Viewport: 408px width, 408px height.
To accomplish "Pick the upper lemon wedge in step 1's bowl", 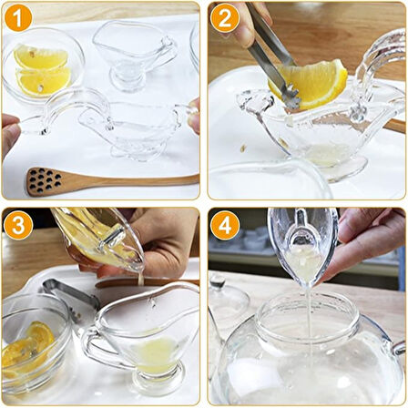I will pos(38,57).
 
